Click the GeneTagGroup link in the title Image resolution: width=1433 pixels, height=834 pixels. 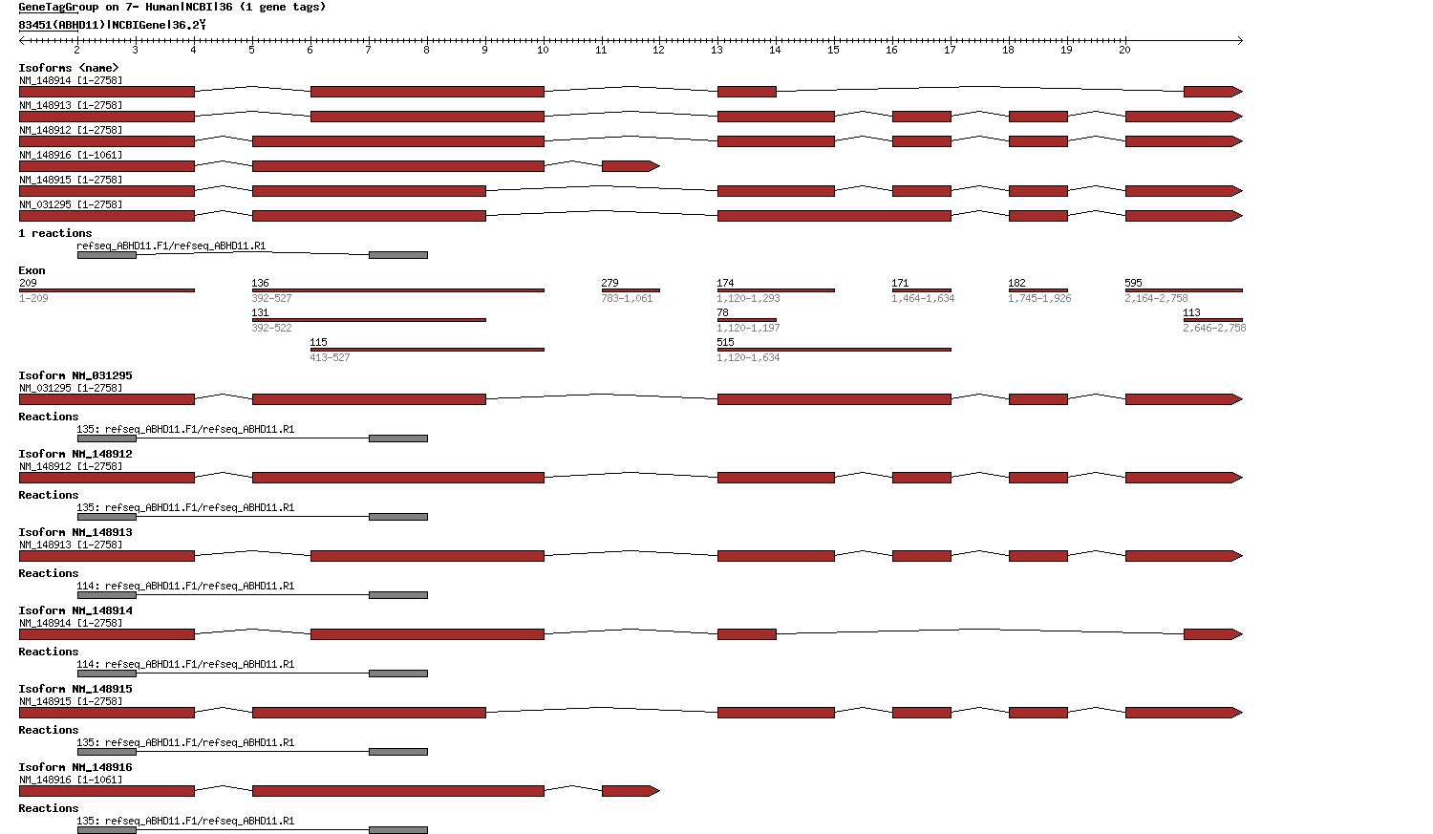tap(58, 7)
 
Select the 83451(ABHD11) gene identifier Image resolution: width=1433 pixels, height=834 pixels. tap(62, 25)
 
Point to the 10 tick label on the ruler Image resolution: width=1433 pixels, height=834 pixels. tap(543, 50)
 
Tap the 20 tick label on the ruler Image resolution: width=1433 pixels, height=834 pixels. tap(1124, 50)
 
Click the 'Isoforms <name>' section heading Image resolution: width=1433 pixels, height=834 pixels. tap(69, 68)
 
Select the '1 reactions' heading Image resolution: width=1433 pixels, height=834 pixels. tap(55, 233)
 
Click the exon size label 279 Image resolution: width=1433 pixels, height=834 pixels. tap(610, 283)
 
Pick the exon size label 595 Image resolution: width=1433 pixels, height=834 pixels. tap(1133, 283)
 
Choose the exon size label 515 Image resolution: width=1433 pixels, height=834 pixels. tap(725, 342)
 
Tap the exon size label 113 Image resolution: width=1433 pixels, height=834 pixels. tap(1191, 312)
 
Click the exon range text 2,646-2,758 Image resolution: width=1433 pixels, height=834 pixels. tap(1214, 328)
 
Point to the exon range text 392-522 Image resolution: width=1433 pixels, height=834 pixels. tap(271, 328)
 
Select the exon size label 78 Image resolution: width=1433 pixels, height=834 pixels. tap(722, 312)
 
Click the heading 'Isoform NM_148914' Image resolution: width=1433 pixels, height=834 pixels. tap(75, 610)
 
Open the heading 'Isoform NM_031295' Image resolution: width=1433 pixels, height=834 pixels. tap(75, 375)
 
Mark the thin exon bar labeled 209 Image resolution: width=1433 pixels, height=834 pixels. tap(106, 290)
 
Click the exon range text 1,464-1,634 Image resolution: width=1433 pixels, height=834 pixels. tap(923, 298)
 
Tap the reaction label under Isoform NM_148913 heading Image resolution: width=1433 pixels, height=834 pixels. tap(185, 586)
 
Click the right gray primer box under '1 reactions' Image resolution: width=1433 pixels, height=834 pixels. tap(398, 255)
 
